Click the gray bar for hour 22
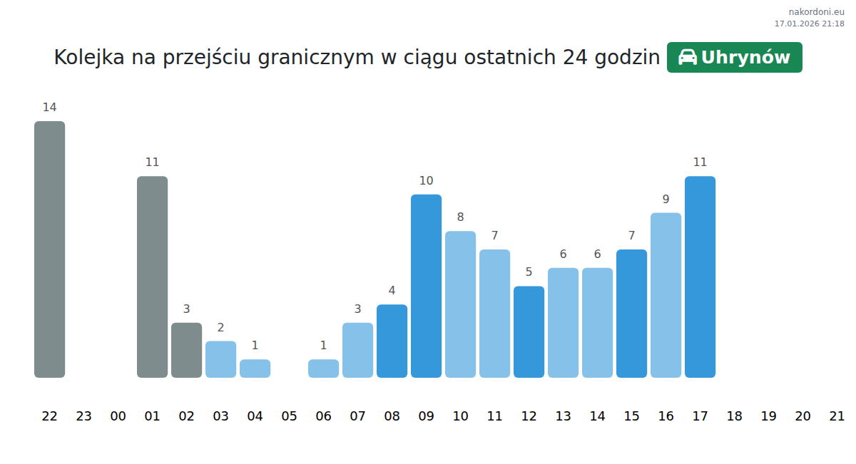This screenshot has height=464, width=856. click(49, 249)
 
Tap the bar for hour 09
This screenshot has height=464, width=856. click(426, 286)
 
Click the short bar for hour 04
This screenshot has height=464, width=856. click(255, 368)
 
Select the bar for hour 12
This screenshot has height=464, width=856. click(529, 331)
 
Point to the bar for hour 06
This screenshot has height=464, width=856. click(323, 368)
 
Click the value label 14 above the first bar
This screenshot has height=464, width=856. click(49, 108)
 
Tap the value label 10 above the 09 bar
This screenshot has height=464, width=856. click(426, 181)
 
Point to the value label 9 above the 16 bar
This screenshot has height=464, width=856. click(666, 200)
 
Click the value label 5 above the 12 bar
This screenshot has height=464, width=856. click(529, 272)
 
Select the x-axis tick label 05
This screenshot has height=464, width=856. click(289, 416)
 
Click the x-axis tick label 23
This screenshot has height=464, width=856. click(83, 416)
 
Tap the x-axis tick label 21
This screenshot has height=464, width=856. click(837, 416)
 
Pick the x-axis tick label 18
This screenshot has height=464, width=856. click(734, 416)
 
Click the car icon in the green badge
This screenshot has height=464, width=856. click(687, 58)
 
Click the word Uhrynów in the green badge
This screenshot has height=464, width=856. click(745, 58)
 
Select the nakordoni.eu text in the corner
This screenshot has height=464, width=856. click(816, 11)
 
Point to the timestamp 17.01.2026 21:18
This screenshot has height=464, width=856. click(809, 24)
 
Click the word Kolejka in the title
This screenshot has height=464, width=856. click(89, 58)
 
